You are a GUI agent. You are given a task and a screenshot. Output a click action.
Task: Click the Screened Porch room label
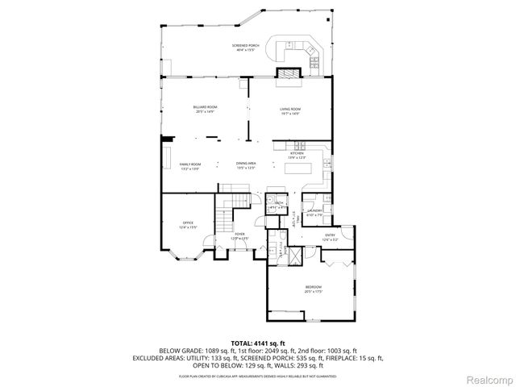point(245,47)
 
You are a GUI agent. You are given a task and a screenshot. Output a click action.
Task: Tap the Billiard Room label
point(205,109)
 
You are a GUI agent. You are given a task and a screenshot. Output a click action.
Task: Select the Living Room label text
point(290,111)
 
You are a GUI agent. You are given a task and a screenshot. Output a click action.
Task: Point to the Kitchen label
point(297,155)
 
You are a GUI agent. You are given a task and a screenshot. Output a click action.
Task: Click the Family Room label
point(190,165)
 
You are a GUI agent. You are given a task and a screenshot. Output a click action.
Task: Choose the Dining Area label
point(246,165)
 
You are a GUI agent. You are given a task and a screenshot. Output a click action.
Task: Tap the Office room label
point(188,225)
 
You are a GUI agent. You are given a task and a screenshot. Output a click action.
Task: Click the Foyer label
point(239,235)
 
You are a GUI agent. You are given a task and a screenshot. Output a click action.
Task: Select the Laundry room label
point(314,214)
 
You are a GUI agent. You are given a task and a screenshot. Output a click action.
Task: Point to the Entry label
point(331,238)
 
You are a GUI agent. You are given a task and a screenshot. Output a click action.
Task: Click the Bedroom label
point(314,289)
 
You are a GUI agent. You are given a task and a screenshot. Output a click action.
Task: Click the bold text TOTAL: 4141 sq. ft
point(258,343)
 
